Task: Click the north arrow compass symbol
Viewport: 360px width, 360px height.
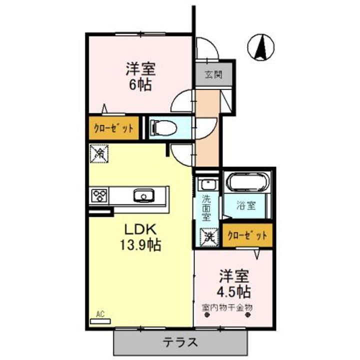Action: [x=260, y=47]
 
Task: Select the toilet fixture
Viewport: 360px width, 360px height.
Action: [x=161, y=127]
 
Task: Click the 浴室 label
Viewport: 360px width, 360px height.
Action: [x=247, y=205]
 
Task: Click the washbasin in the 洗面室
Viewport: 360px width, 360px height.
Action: [x=205, y=184]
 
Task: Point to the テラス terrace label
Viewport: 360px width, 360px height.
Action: [x=180, y=342]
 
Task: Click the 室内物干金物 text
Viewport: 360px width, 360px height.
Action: [x=227, y=307]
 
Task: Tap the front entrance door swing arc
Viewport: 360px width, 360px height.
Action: [x=206, y=48]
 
